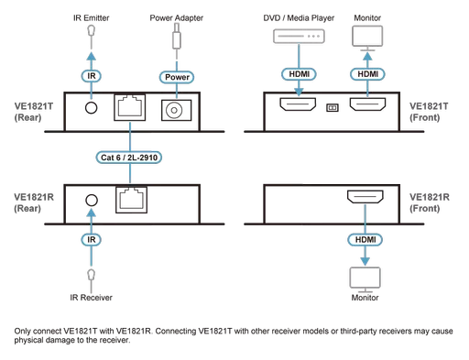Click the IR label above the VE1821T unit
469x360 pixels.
91,78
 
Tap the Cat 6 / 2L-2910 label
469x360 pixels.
133,158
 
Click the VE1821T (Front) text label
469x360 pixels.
428,111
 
